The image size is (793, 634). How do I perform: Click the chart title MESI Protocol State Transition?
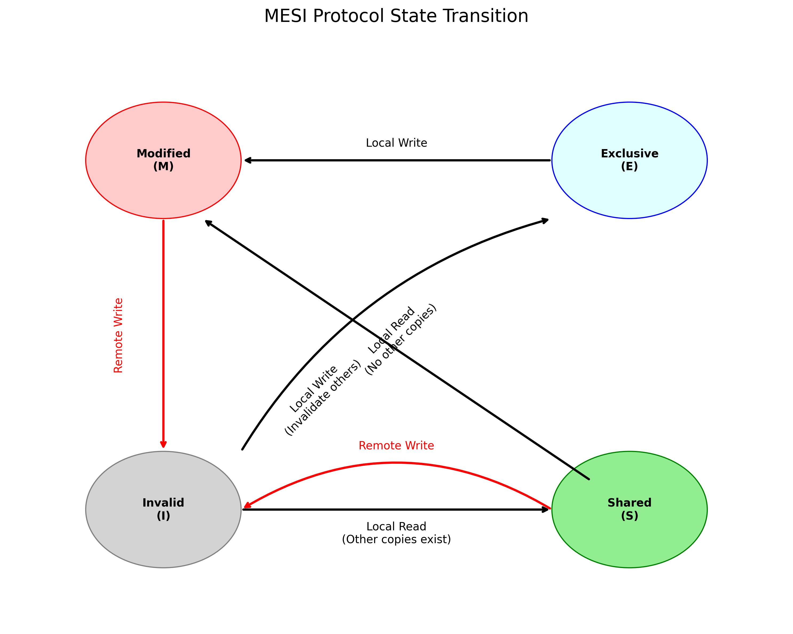click(396, 16)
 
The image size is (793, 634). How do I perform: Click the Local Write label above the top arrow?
click(396, 143)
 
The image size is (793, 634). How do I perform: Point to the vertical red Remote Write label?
click(118, 335)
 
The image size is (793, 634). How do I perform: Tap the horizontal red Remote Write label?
click(396, 446)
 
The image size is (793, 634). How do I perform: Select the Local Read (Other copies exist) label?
click(396, 533)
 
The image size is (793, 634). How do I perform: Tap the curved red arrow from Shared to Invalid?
click(396, 463)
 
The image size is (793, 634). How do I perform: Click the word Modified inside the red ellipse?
click(163, 153)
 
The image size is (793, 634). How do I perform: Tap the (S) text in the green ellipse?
click(629, 516)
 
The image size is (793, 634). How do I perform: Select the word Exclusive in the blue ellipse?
click(629, 153)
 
